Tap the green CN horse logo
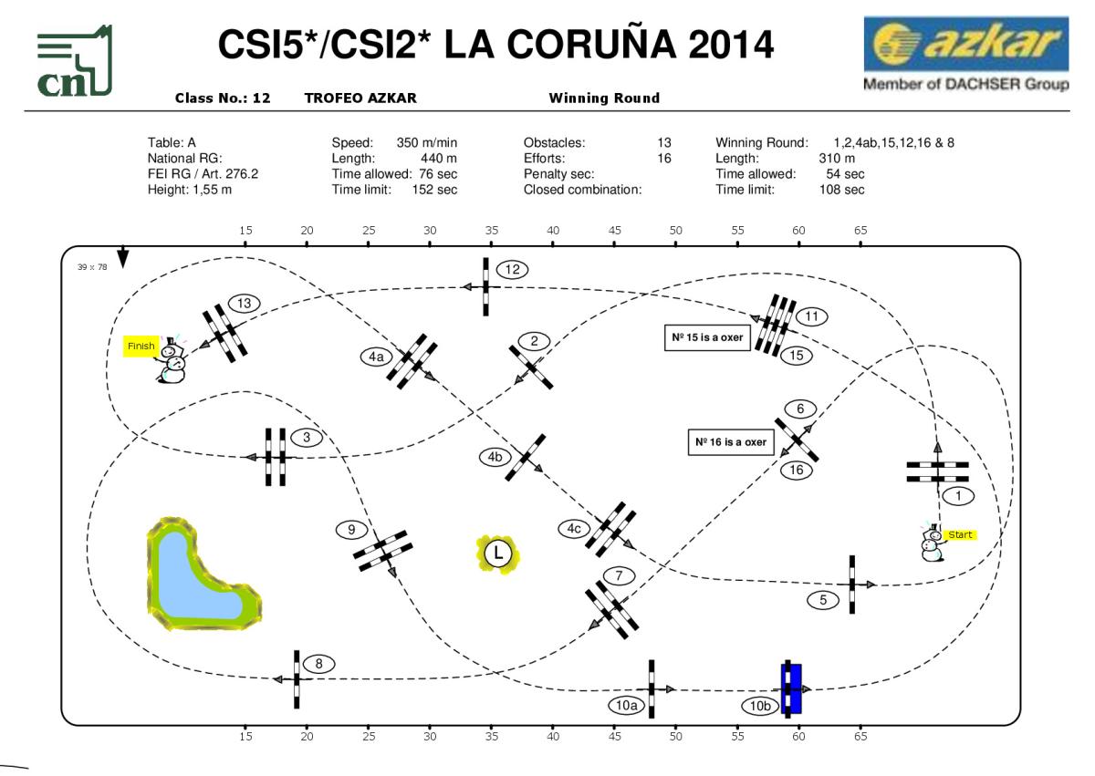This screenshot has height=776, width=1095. click(x=74, y=62)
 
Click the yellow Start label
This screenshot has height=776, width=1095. click(x=960, y=535)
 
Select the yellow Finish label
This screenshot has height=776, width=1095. click(x=141, y=347)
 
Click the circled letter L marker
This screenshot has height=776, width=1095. click(x=497, y=553)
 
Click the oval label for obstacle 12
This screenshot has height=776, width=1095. click(x=512, y=269)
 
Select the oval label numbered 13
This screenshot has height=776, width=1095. click(x=244, y=303)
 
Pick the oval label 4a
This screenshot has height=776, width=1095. click(x=376, y=357)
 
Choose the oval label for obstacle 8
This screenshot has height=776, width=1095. click(x=318, y=664)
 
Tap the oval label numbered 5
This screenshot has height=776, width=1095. click(x=823, y=600)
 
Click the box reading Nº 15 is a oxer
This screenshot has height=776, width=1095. click(x=707, y=337)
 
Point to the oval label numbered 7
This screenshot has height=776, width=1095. click(x=619, y=575)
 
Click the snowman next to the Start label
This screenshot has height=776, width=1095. click(x=933, y=543)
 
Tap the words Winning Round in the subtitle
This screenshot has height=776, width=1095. click(x=604, y=98)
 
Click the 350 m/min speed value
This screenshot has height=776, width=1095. click(x=427, y=143)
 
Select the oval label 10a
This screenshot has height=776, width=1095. click(x=627, y=704)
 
